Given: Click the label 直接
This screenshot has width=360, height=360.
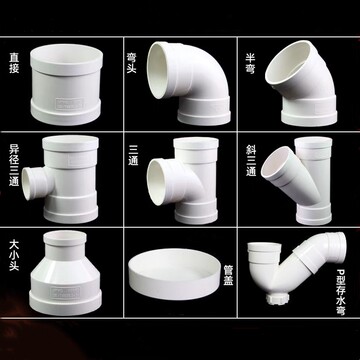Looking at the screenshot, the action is point(14,62).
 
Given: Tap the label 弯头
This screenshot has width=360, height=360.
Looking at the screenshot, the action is point(132,62).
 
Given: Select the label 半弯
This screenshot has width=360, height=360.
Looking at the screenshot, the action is point(250,62).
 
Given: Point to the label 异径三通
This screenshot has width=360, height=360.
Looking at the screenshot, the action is point(14,165).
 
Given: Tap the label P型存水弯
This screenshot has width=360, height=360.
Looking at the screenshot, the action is point(340,291).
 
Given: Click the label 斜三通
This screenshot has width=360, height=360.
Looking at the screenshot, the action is point(251,160).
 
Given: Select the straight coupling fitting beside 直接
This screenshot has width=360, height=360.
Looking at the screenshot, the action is point(66,84).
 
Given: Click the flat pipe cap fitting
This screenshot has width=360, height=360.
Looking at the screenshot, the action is point(175,274).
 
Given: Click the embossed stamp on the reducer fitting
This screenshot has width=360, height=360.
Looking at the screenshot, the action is point(65,292).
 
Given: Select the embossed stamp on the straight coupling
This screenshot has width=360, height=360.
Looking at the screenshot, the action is point(69,103).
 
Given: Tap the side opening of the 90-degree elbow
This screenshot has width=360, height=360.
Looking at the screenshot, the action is point(158,70).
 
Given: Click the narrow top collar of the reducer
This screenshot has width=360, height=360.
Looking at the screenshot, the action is point(65,245).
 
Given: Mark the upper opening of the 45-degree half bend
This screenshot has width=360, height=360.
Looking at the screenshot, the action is point(291,62).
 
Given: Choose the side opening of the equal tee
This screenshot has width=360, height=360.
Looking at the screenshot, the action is point(157,182).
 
